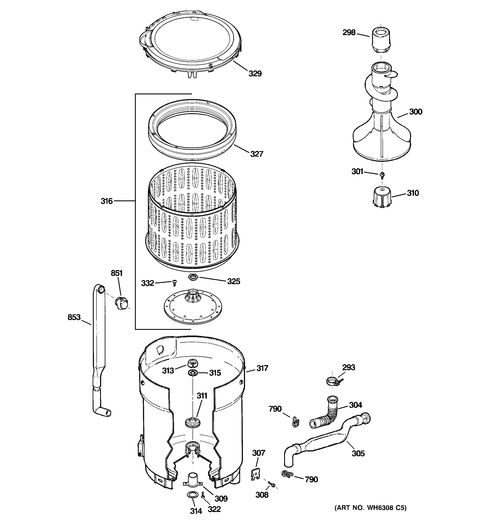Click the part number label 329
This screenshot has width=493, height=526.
[x=255, y=74]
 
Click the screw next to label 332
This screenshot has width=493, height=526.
[x=174, y=283]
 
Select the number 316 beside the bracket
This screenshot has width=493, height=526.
[x=107, y=201]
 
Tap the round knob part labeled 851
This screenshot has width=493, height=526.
[x=122, y=303]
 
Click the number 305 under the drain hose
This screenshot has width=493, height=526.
[x=358, y=454]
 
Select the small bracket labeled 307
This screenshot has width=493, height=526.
[x=255, y=474]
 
